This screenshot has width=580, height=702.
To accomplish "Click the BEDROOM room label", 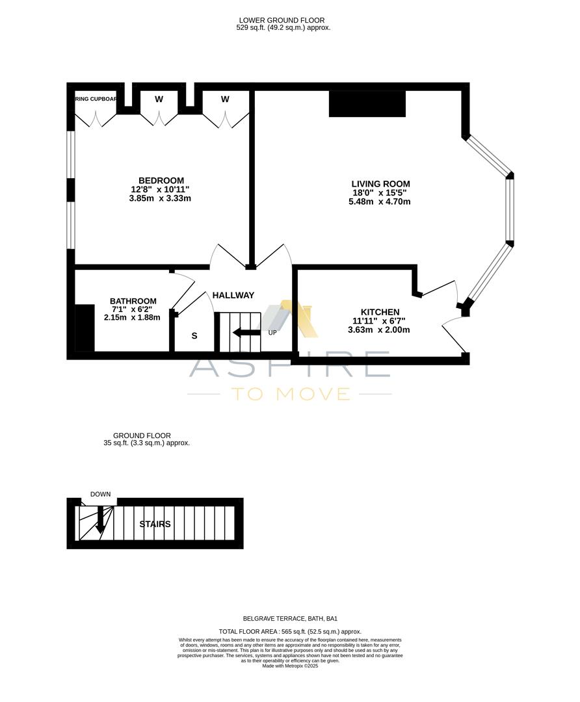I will click(161, 181).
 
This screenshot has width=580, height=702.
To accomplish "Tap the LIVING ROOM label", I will click(380, 184).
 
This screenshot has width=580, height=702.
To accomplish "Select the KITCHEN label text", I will click(380, 312).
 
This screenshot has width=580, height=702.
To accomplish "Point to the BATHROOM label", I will click(133, 301).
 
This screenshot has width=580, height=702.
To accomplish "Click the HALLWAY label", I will click(233, 295).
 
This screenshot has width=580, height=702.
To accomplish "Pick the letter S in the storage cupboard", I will click(194, 336).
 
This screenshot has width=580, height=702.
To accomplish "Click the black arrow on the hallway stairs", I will click(246, 333).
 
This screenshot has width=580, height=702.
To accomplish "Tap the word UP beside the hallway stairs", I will click(273, 333).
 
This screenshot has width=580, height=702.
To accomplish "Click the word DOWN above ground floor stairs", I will click(100, 494).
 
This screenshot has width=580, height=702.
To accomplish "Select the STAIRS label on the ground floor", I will click(155, 524).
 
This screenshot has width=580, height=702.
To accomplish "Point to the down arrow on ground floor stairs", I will click(99, 521).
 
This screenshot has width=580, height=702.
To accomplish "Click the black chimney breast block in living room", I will click(367, 104).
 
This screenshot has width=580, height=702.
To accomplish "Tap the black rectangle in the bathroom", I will click(85, 328).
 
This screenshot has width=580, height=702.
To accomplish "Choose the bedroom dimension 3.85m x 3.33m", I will click(160, 198).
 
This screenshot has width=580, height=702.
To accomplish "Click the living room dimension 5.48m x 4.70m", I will click(380, 201).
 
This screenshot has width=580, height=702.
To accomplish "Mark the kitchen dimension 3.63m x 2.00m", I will click(379, 330).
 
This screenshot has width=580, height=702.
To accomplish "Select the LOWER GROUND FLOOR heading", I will click(282, 21).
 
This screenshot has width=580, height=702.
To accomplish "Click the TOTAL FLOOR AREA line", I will click(290, 631).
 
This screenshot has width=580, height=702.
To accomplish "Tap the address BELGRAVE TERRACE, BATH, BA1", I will click(290, 619).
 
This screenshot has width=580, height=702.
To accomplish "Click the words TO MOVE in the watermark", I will click(290, 393).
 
